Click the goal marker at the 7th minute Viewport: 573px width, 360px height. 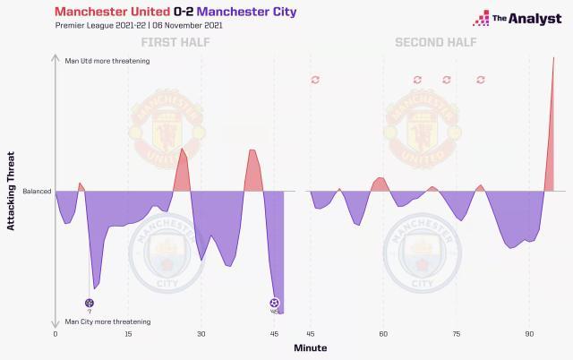click(89, 303)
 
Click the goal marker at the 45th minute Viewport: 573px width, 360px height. click(274, 303)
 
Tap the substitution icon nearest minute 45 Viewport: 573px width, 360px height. click(315, 80)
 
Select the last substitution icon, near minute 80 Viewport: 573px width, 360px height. click(481, 80)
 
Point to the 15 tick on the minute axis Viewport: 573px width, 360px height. click(128, 333)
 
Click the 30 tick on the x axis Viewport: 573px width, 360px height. click(201, 333)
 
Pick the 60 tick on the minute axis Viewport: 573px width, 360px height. click(383, 333)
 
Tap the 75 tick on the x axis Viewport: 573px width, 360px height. click(456, 333)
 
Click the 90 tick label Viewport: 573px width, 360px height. click(529, 333)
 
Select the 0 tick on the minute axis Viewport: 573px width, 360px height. click(56, 333)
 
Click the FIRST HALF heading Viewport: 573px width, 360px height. click(169, 43)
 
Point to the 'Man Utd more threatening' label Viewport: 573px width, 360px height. click(107, 61)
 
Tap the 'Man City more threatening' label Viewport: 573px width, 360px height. click(107, 321)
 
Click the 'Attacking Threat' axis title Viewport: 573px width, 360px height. click(12, 191)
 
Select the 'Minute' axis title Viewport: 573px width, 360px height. click(311, 347)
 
